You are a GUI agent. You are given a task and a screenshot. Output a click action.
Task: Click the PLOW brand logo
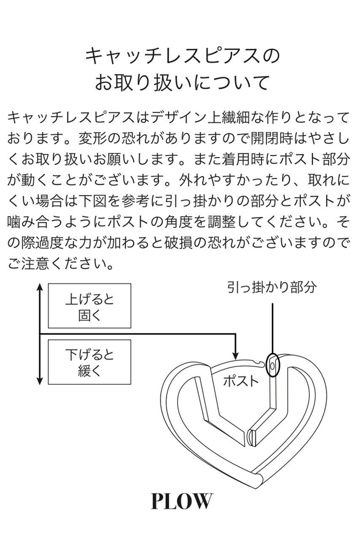pos(181,501)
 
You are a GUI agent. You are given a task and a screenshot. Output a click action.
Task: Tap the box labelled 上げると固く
pos(89,306)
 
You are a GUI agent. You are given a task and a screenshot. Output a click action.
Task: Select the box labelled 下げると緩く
pos(89,362)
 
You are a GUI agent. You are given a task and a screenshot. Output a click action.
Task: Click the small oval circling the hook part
pos(273,364)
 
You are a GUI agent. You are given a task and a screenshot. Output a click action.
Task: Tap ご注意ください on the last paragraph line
pos(55,265)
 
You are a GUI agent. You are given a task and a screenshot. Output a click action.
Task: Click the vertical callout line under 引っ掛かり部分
pos(273,327)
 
